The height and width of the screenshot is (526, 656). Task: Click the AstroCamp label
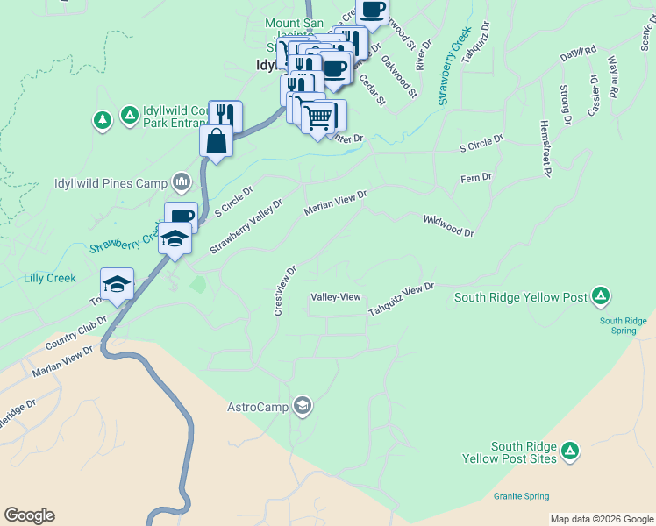[x=259, y=407]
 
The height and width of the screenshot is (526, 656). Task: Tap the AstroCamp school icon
[x=302, y=405]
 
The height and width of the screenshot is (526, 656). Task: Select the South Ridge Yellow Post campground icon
[x=601, y=295]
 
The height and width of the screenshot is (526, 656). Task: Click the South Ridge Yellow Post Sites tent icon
[x=570, y=451]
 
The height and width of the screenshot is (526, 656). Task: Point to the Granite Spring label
[x=522, y=496]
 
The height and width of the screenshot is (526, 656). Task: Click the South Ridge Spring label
[x=623, y=326]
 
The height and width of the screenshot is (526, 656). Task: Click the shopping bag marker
[x=216, y=139]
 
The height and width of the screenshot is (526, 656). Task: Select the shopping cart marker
[x=319, y=115]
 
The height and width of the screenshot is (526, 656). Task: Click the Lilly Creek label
[x=50, y=278]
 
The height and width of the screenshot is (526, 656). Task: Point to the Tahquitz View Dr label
[x=402, y=301]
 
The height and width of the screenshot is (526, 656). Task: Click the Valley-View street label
[x=337, y=297]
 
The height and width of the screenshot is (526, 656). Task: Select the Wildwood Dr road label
[x=448, y=226]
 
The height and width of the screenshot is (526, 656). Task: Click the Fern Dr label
[x=476, y=178]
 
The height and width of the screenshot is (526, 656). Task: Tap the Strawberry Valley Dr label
[x=246, y=227]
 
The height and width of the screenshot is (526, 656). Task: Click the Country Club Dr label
[x=77, y=332]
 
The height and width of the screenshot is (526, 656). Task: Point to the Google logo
[x=29, y=515]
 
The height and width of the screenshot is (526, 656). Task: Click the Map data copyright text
[x=602, y=519]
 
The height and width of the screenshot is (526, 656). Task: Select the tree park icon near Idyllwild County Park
[x=103, y=118]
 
